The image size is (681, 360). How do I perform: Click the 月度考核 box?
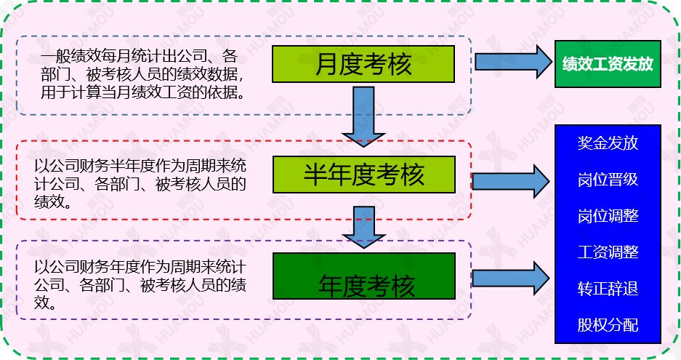click(363, 64)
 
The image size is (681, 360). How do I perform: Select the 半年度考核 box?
click(364, 175)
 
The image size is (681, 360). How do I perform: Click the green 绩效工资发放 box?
click(608, 64)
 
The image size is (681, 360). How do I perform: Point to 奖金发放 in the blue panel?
click(608, 143)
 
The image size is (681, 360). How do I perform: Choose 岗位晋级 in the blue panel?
click(608, 179)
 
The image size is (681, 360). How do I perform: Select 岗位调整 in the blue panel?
click(608, 215)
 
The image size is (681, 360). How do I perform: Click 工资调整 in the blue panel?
click(608, 252)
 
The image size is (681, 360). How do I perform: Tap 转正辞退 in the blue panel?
click(608, 288)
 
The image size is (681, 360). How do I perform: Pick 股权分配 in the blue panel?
click(608, 324)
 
